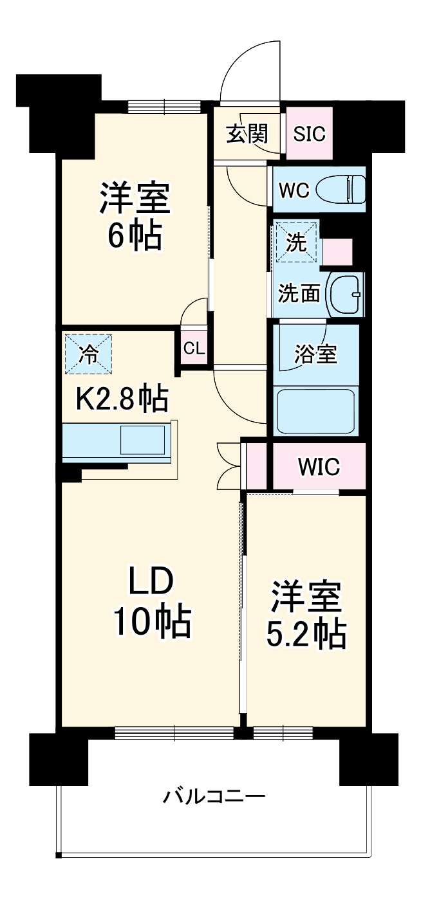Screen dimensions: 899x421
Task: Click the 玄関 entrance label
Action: click(x=246, y=134)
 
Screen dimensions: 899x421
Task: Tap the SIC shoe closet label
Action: click(x=309, y=134)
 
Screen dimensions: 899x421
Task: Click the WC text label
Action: click(x=294, y=190)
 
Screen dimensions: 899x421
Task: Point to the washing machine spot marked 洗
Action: click(x=296, y=242)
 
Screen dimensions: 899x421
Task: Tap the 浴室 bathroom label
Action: click(x=315, y=354)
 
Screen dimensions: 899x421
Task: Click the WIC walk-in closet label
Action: click(x=318, y=467)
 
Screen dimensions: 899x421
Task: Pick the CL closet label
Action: click(x=194, y=349)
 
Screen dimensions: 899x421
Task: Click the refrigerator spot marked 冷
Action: click(x=88, y=353)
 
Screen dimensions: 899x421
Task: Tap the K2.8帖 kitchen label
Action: click(x=122, y=399)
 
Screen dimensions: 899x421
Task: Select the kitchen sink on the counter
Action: click(x=143, y=440)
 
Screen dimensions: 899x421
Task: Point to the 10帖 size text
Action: click(x=152, y=622)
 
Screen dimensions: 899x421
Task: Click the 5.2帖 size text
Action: click(x=306, y=635)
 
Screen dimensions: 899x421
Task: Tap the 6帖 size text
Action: click(x=134, y=236)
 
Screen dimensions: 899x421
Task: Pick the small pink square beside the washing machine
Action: click(x=337, y=252)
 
